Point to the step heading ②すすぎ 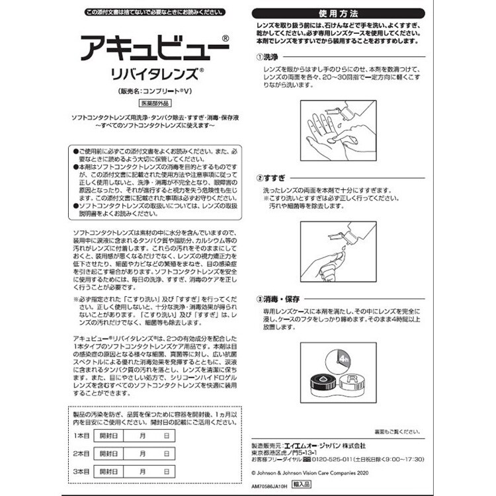click(x=272, y=179)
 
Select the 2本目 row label click(x=81, y=454)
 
